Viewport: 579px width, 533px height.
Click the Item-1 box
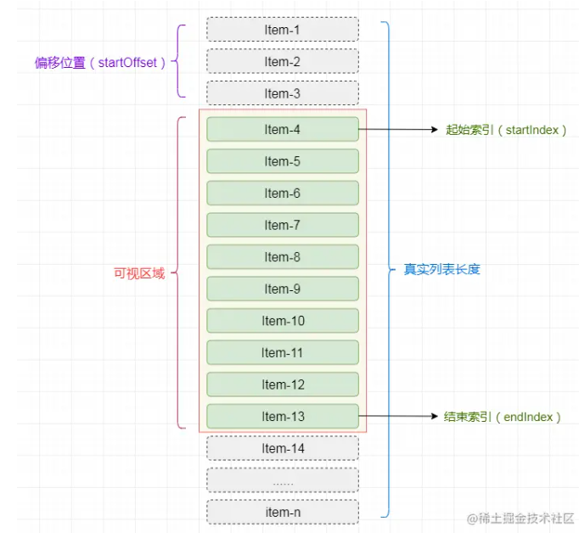click(x=282, y=30)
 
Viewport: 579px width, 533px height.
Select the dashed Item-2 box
click(x=282, y=62)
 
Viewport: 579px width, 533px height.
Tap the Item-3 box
click(x=282, y=93)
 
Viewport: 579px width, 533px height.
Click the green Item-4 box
click(x=282, y=130)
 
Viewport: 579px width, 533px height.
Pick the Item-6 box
click(x=282, y=194)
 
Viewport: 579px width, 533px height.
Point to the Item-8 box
click(x=282, y=257)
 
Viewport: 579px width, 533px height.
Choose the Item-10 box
click(x=282, y=321)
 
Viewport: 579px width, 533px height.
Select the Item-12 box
click(x=282, y=384)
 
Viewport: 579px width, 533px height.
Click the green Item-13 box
click(x=282, y=416)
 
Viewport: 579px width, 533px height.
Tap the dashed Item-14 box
click(x=282, y=448)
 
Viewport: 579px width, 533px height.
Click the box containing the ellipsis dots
click(x=282, y=480)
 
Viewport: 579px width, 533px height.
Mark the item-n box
click(x=282, y=512)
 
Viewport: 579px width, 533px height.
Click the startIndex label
click(x=506, y=130)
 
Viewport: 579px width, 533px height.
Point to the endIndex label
click(x=503, y=417)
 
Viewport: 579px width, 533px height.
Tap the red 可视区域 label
click(x=139, y=273)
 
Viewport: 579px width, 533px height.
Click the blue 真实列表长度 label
click(x=441, y=270)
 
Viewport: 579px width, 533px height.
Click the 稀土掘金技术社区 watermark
click(x=520, y=518)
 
